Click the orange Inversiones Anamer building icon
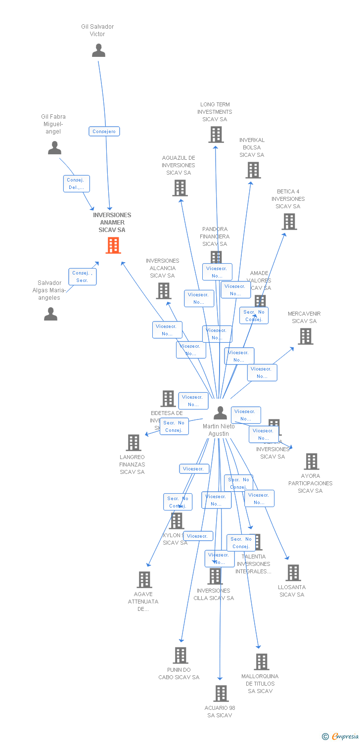pyautogui.click(x=113, y=245)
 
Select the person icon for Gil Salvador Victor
pyautogui.click(x=98, y=50)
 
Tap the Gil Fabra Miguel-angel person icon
pyautogui.click(x=54, y=148)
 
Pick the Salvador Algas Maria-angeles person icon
pyautogui.click(x=50, y=314)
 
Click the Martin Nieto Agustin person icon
pyautogui.click(x=220, y=413)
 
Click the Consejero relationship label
pyautogui.click(x=104, y=131)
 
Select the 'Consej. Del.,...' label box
pyautogui.click(x=77, y=184)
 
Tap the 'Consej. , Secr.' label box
pyautogui.click(x=82, y=277)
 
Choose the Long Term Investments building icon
pyautogui.click(x=216, y=135)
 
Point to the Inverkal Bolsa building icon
pyautogui.click(x=253, y=170)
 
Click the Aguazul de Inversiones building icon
pyautogui.click(x=180, y=188)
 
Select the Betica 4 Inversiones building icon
pyautogui.click(x=289, y=222)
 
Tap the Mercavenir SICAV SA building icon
pyautogui.click(x=306, y=336)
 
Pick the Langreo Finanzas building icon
pyautogui.click(x=134, y=443)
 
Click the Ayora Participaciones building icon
pyautogui.click(x=311, y=462)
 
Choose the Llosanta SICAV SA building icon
pyautogui.click(x=293, y=573)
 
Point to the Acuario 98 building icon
pyautogui.click(x=221, y=694)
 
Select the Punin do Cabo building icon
pyautogui.click(x=180, y=655)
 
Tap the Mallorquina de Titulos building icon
pyautogui.click(x=261, y=662)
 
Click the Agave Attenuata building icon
pyautogui.click(x=144, y=580)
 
